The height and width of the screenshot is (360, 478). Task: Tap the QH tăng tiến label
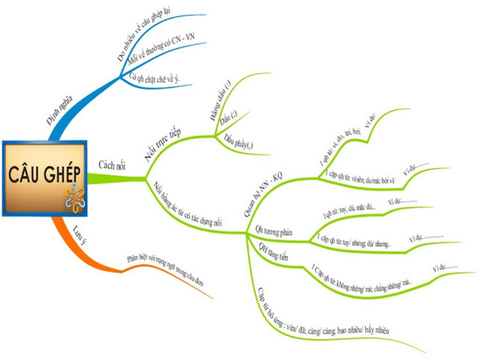coord(273,252)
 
